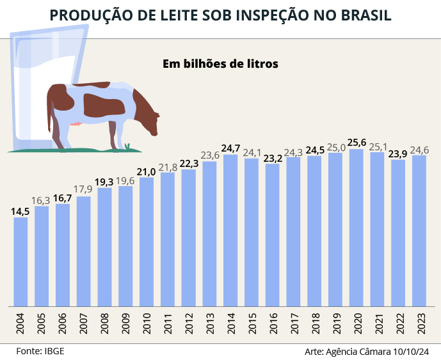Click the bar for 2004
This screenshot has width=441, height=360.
pyautogui.click(x=20, y=261)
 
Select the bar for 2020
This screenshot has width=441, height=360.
pyautogui.click(x=357, y=227)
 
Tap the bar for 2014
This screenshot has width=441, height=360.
pyautogui.click(x=230, y=230)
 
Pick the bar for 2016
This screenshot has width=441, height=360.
pyautogui.click(x=273, y=234)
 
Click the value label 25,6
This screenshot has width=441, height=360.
pyautogui.click(x=357, y=143)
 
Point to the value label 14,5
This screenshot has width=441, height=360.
pyautogui.click(x=20, y=212)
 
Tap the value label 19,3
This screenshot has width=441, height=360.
pyautogui.click(x=104, y=182)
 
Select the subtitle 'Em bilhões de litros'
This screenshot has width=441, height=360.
pyautogui.click(x=220, y=64)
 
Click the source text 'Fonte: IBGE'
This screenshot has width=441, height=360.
pyautogui.click(x=40, y=351)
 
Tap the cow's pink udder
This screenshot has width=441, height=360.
pyautogui.click(x=77, y=124)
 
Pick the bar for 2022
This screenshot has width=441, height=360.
pyautogui.click(x=398, y=232)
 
